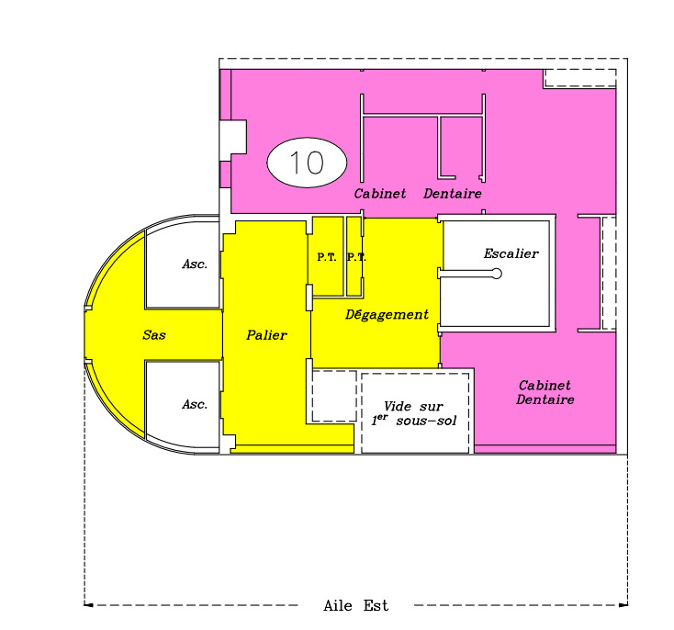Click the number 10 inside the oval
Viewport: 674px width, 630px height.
[307, 163]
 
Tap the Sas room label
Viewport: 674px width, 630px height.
[154, 334]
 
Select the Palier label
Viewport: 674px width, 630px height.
[266, 334]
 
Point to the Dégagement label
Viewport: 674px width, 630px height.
[387, 315]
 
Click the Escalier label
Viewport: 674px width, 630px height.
[511, 253]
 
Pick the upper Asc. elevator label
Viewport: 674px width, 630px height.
[195, 264]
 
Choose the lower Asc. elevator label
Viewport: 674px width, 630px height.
[195, 404]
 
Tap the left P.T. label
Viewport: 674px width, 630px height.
[327, 257]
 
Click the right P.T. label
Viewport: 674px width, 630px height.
[356, 257]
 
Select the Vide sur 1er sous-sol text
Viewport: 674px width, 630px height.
[414, 413]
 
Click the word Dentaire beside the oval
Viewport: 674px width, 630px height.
[453, 194]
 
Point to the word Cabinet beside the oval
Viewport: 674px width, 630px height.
[380, 194]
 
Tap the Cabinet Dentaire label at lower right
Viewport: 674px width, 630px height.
[545, 392]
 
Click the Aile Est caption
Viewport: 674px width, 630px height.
[356, 605]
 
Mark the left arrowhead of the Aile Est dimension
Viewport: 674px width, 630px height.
[88, 605]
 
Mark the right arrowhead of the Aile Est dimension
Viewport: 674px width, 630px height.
[623, 605]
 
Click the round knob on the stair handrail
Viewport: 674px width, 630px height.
[497, 274]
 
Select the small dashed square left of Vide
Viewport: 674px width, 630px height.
[334, 396]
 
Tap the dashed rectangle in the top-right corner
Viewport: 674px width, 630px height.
[579, 78]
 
